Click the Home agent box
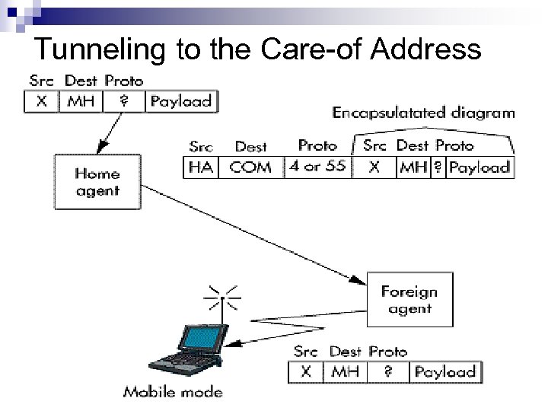(97, 183)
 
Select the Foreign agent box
(409, 300)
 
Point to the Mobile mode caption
(173, 393)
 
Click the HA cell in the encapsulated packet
(201, 167)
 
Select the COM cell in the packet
(250, 167)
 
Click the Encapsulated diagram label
(423, 113)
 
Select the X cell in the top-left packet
(42, 101)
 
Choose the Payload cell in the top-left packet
(181, 101)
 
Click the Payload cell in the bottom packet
(444, 372)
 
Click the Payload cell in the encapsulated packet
(479, 167)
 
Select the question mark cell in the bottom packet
(387, 372)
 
